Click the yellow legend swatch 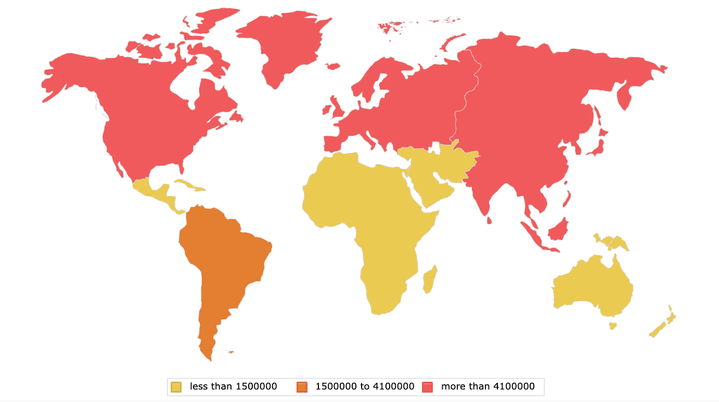(176, 386)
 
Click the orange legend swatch (302, 386)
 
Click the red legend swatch (428, 386)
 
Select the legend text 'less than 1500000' (233, 386)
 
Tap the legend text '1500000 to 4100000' (365, 386)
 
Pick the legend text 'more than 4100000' (487, 386)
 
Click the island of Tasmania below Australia (613, 326)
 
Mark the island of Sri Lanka (490, 221)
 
